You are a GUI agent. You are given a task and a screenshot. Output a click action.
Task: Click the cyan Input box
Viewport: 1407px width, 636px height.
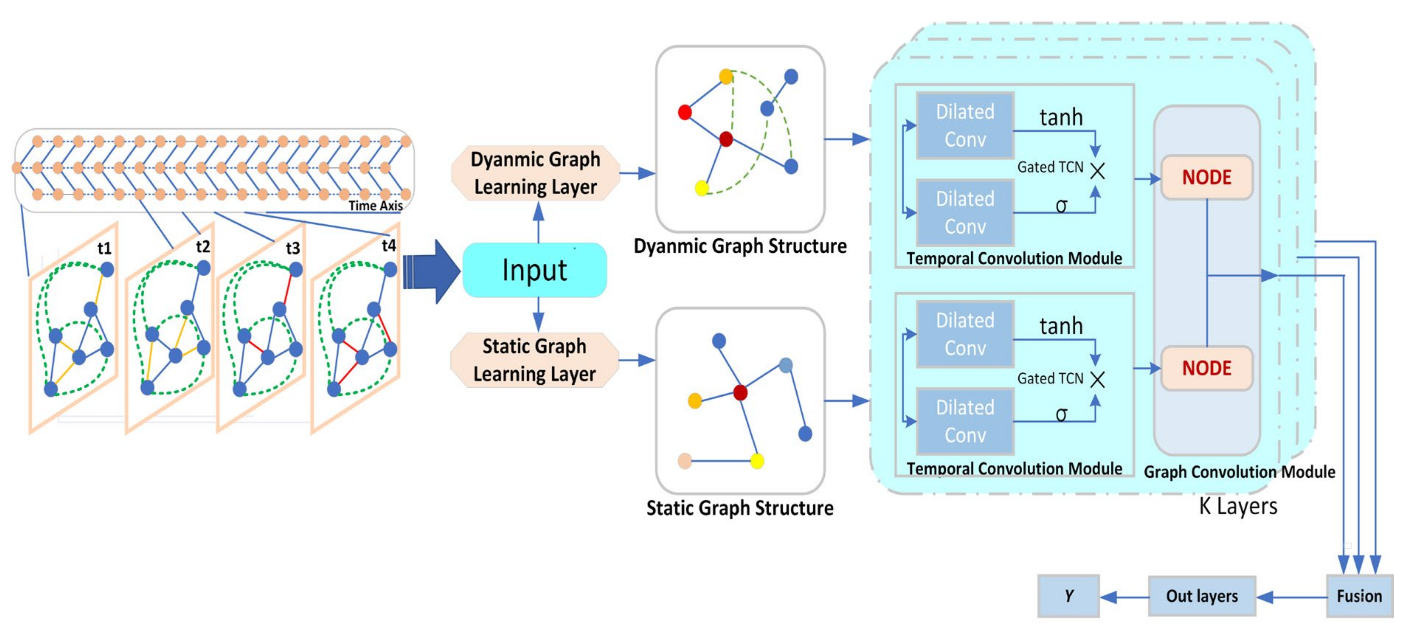pos(534,270)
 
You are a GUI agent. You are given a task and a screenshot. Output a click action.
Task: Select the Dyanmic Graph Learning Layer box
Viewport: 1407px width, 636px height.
pos(535,173)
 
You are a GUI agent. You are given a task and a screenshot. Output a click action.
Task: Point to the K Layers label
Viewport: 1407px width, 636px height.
pos(1238,506)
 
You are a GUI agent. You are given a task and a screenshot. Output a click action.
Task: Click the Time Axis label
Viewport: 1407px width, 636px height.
pos(375,206)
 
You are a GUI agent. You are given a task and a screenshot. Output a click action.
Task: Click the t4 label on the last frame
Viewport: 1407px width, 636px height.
pos(388,246)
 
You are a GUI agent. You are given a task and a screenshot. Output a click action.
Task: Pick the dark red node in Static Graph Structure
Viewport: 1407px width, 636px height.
pos(740,392)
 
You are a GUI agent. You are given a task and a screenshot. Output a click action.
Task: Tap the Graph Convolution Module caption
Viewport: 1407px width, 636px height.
pos(1239,472)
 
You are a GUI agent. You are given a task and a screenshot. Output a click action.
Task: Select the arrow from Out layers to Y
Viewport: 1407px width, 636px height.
pos(1124,597)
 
